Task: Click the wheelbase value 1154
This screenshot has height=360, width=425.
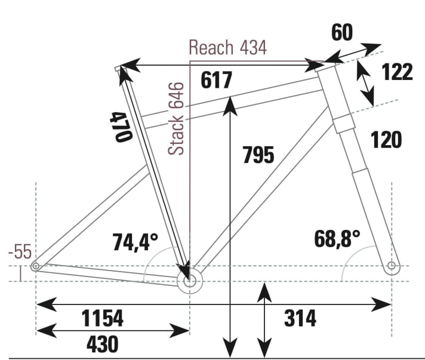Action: coord(103,318)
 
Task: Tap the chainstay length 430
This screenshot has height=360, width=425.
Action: coord(103,344)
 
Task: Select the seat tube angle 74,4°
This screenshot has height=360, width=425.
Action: coord(135,242)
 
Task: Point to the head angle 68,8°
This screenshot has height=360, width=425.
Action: coord(337,239)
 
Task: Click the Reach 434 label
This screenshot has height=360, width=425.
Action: coord(227,47)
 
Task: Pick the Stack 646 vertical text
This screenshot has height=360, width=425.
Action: coord(176,118)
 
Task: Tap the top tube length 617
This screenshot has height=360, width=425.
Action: coord(216,80)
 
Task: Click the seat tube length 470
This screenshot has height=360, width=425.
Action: coord(121,127)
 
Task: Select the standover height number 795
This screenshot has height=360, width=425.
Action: coord(258,155)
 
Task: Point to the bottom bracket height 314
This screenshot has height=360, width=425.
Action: coord(300,318)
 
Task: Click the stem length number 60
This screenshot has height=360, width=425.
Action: coord(342,32)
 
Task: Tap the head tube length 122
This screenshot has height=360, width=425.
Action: coord(397,72)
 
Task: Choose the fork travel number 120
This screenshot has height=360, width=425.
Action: coord(386,140)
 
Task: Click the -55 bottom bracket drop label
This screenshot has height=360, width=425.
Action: coord(20,251)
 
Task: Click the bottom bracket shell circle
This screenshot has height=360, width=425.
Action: coord(190,281)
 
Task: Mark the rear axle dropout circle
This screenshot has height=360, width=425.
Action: coord(35,266)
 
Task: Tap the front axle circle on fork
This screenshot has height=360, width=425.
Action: coord(392,266)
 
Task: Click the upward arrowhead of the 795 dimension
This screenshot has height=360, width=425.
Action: coord(230,106)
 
